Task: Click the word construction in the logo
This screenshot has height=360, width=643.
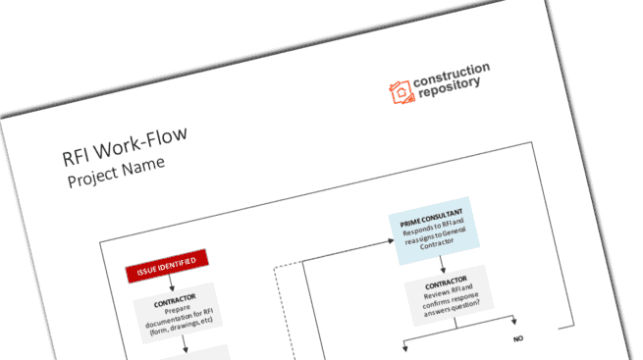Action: [453, 72]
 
